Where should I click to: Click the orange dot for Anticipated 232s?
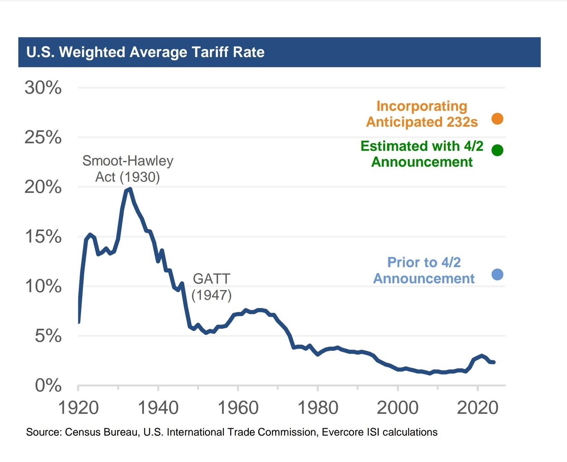[x=497, y=118]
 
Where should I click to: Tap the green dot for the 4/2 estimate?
[x=497, y=150]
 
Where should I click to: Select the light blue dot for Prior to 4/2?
[x=497, y=274]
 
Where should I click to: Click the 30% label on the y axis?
[x=43, y=88]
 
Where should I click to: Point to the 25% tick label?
[x=43, y=137]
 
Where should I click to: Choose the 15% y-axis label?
[x=43, y=237]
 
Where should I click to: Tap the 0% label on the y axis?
[x=48, y=385]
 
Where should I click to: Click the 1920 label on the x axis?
[x=78, y=408]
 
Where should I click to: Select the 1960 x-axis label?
[x=238, y=408]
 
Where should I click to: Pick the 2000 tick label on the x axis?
[x=398, y=408]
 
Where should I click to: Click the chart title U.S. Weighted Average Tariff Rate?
[x=145, y=52]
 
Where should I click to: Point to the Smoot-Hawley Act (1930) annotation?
[x=128, y=169]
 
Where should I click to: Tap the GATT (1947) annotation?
[x=212, y=287]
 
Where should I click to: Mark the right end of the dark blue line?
[x=494, y=362]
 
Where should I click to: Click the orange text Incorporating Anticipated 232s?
[x=422, y=114]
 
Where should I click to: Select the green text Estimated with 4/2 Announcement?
[x=422, y=154]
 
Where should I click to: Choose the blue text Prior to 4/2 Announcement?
[x=424, y=270]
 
